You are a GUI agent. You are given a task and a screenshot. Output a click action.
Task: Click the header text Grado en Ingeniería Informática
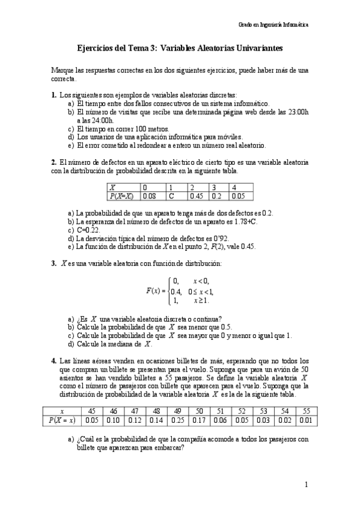(x=273, y=25)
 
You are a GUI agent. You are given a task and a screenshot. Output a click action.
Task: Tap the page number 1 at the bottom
(x=306, y=484)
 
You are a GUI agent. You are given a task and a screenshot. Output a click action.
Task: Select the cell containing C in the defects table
(x=171, y=196)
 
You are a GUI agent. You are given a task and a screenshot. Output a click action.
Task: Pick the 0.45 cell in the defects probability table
(x=196, y=196)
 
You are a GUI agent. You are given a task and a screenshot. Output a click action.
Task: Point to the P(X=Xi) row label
(x=123, y=196)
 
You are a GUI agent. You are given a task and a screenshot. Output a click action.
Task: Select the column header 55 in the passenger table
(x=306, y=411)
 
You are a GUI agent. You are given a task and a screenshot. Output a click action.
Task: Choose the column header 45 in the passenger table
(x=91, y=411)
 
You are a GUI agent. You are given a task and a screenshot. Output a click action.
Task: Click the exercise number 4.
(x=53, y=360)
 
